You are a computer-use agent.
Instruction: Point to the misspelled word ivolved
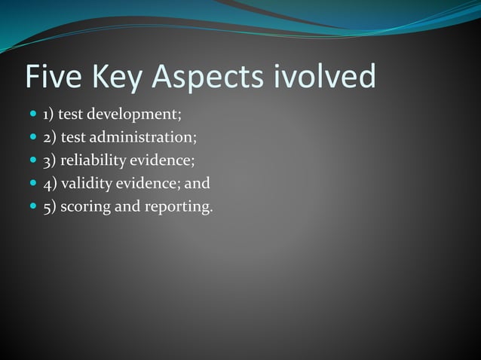pyautogui.click(x=326, y=76)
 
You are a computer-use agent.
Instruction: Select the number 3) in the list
pyautogui.click(x=49, y=160)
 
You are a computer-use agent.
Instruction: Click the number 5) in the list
pyautogui.click(x=49, y=206)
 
